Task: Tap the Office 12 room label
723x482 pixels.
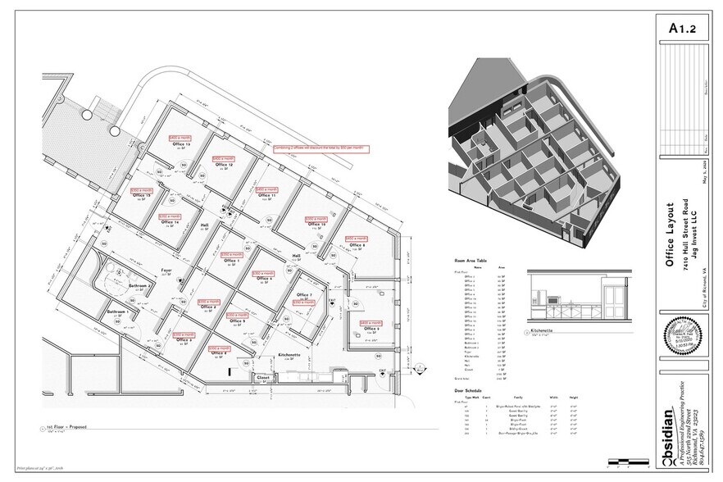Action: pos(224,165)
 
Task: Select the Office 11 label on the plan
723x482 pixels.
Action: pos(266,196)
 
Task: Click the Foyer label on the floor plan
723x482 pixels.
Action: pos(166,268)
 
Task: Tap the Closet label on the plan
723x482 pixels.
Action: pos(263,378)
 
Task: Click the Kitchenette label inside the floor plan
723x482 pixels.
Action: pos(291,354)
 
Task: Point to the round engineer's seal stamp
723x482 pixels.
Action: pos(679,335)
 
